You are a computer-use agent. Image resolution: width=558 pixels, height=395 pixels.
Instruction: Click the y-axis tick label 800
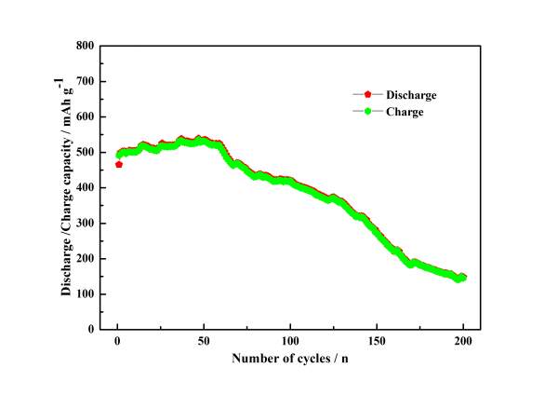(x=85, y=46)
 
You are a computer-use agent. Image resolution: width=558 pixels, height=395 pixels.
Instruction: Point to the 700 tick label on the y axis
(x=85, y=81)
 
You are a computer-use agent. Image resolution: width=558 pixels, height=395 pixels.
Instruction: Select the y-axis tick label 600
(x=85, y=116)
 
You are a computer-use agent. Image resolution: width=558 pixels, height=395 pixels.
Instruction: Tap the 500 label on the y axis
(x=85, y=152)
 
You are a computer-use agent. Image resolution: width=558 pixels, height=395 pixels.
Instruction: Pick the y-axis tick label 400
(x=85, y=187)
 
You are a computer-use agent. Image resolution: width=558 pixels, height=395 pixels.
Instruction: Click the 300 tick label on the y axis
(x=85, y=223)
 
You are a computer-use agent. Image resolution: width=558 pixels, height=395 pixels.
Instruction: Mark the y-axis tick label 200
(x=85, y=258)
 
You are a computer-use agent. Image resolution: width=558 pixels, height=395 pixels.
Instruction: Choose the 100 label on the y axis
(x=85, y=293)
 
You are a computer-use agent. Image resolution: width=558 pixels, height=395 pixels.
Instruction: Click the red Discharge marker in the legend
(x=368, y=95)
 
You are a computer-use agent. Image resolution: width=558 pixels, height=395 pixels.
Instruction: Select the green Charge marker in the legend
(x=368, y=112)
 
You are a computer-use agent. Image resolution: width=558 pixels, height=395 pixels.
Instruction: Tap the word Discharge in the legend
(x=411, y=95)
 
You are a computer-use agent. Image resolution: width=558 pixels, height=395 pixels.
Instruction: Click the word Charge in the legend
(x=405, y=112)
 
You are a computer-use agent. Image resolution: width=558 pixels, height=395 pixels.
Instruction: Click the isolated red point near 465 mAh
(x=119, y=164)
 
